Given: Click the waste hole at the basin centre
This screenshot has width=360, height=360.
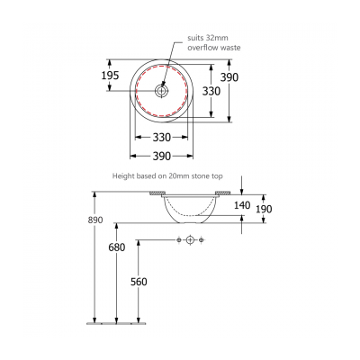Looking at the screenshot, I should coord(162,90).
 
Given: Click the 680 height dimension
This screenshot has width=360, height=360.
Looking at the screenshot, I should coord(117,247).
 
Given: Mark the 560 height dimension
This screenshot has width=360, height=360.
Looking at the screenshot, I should coord(139,282).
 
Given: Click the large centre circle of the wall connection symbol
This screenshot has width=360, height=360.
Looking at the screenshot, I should coord(190,239).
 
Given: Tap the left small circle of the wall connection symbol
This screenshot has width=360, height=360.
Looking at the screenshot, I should coord(179,239).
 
